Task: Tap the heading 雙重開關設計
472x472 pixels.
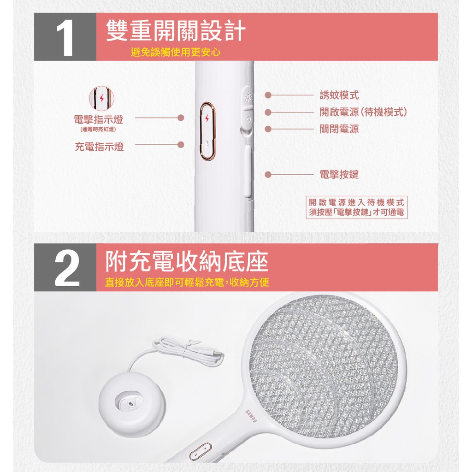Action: click(176, 31)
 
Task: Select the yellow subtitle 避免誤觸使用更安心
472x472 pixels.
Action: click(176, 53)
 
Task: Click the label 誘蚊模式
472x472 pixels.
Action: click(339, 95)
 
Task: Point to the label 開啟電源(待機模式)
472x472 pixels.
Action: click(363, 112)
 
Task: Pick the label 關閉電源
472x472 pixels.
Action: click(339, 129)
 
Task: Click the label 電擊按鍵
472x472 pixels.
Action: click(339, 174)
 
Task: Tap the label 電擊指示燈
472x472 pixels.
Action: click(99, 119)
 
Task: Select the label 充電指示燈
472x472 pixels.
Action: click(100, 147)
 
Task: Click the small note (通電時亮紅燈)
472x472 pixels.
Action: click(99, 130)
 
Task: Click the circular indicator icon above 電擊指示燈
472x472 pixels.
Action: click(101, 98)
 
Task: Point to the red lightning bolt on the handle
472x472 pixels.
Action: click(207, 118)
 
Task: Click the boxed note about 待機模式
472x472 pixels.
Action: click(356, 207)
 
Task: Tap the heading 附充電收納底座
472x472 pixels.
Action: click(187, 262)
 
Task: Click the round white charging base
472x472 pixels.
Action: click(132, 403)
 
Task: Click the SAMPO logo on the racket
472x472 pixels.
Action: click(251, 417)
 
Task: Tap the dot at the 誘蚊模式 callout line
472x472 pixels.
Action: click(268, 95)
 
